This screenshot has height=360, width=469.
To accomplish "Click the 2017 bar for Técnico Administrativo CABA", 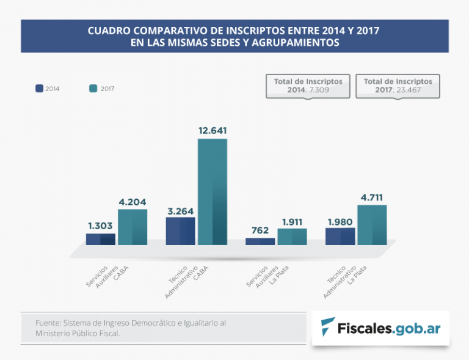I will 212,192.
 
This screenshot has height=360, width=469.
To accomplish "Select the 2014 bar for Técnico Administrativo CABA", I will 180,231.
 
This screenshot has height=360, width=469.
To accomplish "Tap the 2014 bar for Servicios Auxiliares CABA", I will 100,239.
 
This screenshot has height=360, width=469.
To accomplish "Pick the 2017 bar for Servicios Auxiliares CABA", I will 133,227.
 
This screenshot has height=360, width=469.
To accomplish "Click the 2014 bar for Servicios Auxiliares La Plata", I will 260,241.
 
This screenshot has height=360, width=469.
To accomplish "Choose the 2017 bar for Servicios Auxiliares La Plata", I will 292,237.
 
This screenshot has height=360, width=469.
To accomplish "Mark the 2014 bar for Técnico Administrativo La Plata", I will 340,236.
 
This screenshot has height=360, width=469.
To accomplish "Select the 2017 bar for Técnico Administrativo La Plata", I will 372,225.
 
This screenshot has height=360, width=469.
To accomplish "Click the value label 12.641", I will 213,130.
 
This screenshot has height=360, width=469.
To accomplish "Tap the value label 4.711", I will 372,197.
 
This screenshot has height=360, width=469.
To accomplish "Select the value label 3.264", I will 180,210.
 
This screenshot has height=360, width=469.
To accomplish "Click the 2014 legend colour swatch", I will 39,88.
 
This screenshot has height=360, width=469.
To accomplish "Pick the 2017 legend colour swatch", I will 93,88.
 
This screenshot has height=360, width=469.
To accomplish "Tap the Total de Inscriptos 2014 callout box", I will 308,86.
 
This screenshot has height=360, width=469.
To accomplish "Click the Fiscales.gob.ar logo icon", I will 328,328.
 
